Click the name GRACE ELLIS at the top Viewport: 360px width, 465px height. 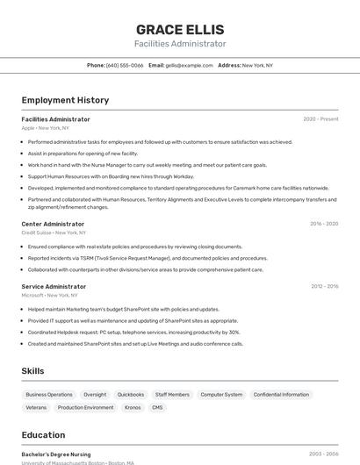click(180, 29)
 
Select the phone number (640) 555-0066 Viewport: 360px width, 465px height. click(125, 65)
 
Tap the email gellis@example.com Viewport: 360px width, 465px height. click(190, 65)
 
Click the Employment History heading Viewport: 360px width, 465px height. click(65, 101)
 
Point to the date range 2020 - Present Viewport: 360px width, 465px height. click(320, 119)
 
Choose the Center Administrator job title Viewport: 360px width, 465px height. click(53, 224)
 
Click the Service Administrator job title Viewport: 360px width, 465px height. click(54, 286)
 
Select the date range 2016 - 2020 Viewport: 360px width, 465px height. click(324, 224)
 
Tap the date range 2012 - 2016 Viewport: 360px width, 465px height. click(324, 286)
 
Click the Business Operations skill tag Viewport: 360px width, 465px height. click(49, 395)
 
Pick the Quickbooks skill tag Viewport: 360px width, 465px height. click(131, 395)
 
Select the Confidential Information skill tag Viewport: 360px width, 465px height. click(281, 395)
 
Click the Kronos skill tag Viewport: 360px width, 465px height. click(133, 407)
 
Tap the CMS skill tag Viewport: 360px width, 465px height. click(157, 407)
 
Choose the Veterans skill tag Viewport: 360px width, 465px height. click(36, 407)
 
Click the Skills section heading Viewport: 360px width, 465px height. click(32, 371)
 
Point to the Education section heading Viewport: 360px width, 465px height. click(43, 434)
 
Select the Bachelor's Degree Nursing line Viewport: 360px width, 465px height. click(57, 454)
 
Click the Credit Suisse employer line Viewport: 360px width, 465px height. click(54, 232)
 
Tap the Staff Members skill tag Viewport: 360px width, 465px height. click(172, 395)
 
